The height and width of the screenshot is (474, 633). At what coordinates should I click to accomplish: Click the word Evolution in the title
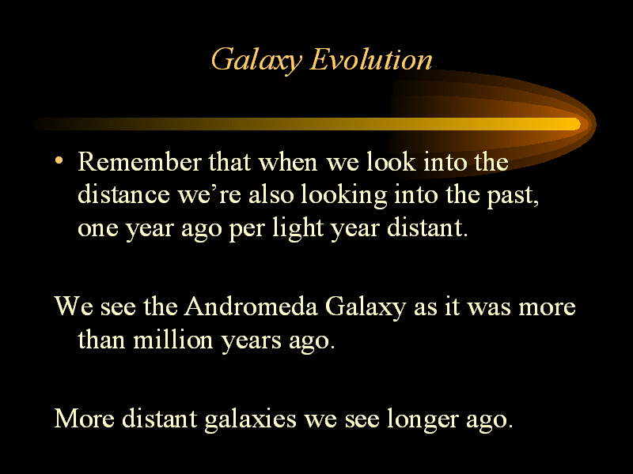pos(371,60)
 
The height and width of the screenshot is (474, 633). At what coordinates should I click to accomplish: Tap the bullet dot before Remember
pos(59,160)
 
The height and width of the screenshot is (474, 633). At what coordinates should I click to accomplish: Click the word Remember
pos(139,162)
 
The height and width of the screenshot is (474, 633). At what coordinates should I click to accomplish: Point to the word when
pos(288,162)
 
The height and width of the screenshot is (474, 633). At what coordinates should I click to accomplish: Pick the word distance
pos(123,194)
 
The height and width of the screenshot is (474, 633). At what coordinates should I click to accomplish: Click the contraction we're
pos(209,195)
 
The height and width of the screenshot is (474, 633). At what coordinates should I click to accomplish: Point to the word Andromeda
pos(251,307)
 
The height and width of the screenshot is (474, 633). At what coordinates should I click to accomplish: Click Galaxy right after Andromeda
pos(366,308)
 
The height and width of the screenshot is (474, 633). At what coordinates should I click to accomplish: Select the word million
pos(173,340)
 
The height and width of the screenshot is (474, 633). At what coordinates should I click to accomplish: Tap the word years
pos(251,342)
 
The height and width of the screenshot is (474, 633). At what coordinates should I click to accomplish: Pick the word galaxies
pos(250,420)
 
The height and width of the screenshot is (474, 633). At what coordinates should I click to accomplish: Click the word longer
pos(423,420)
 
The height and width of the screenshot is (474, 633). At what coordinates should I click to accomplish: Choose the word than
pos(101,340)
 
